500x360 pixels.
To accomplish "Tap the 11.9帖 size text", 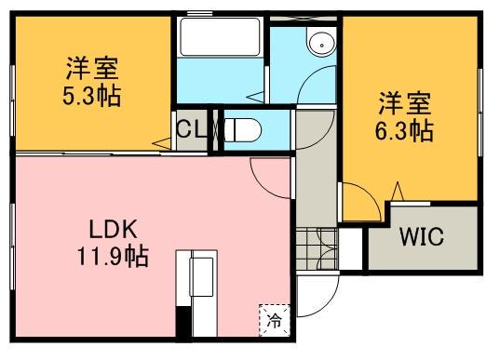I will (115, 253).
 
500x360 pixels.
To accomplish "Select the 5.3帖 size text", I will (91, 95).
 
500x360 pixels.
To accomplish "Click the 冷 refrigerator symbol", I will (274, 319).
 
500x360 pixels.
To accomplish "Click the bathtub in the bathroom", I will (219, 38).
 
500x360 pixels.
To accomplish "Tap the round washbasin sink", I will (321, 42).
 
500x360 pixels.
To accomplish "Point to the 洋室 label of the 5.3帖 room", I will (91, 68).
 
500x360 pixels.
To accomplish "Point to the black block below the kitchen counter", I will (183, 326).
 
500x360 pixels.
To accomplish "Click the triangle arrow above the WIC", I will (398, 193).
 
